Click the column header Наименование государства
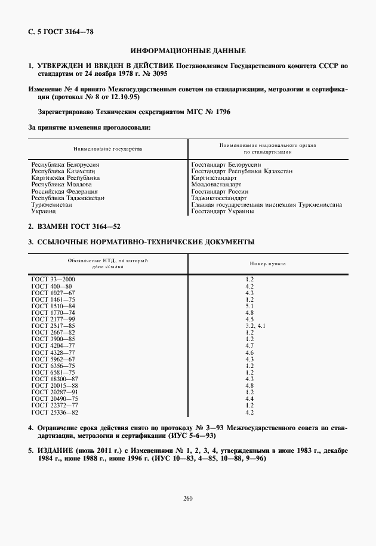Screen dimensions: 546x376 click(x=108, y=148)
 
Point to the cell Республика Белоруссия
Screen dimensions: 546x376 click(x=65, y=164)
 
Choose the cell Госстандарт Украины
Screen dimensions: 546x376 click(x=223, y=211)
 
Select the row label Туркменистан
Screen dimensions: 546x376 click(x=52, y=204)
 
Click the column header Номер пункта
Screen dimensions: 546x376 click(x=267, y=263)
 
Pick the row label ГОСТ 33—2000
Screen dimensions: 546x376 click(x=53, y=279)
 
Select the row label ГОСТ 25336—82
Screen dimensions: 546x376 click(x=55, y=412)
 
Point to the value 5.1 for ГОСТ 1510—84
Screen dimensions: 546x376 click(x=249, y=306)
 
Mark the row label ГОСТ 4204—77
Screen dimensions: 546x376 click(x=53, y=346)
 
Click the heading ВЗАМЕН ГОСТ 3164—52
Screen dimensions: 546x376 click(x=75, y=228)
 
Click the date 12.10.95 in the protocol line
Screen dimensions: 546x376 click(x=125, y=97)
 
